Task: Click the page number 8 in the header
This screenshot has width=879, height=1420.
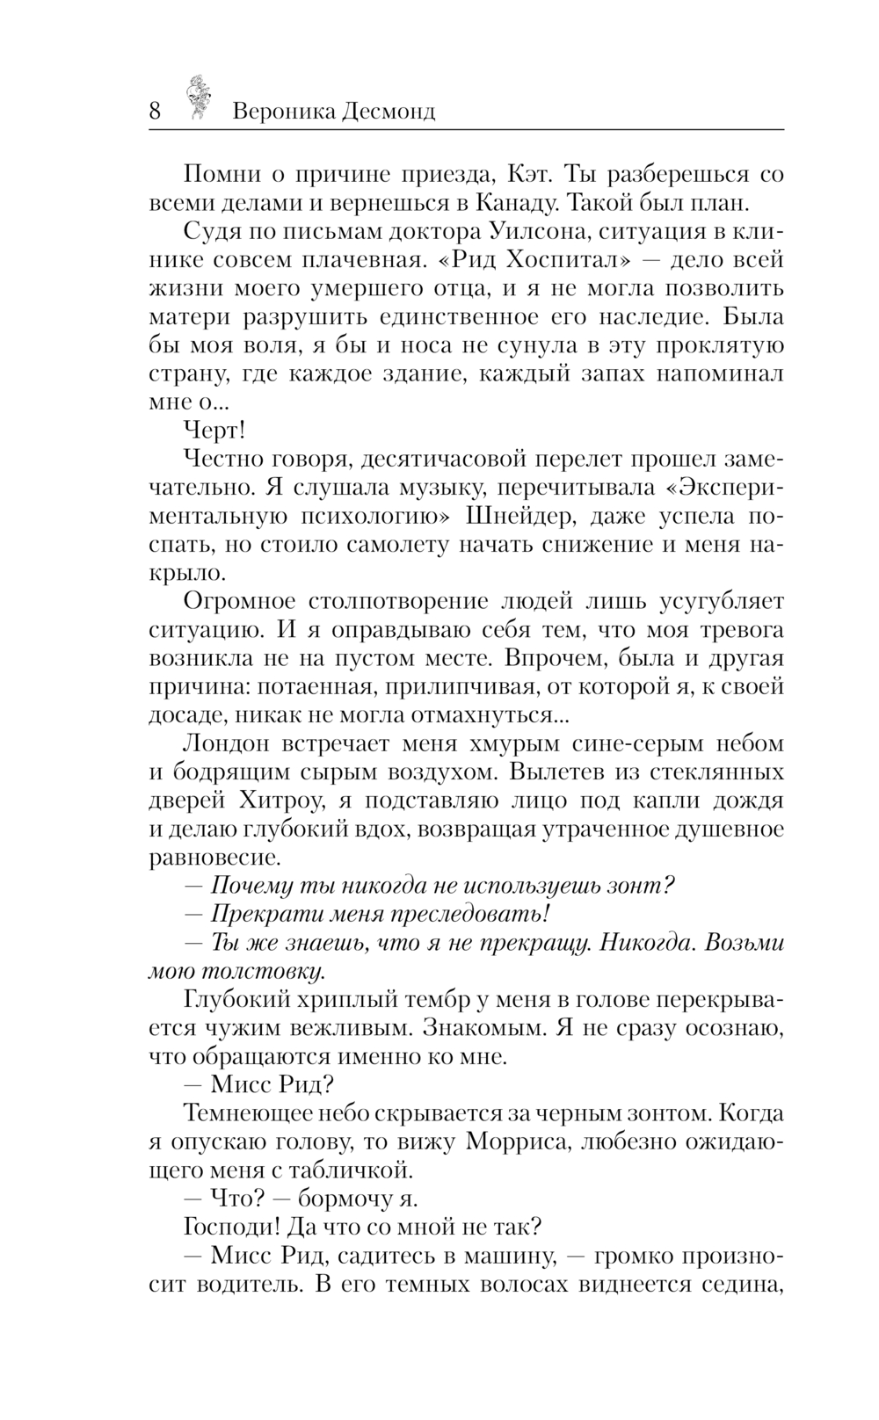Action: pos(156,112)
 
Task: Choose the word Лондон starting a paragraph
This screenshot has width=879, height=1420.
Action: pos(225,743)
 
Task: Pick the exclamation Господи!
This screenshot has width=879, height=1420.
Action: pos(236,1227)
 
